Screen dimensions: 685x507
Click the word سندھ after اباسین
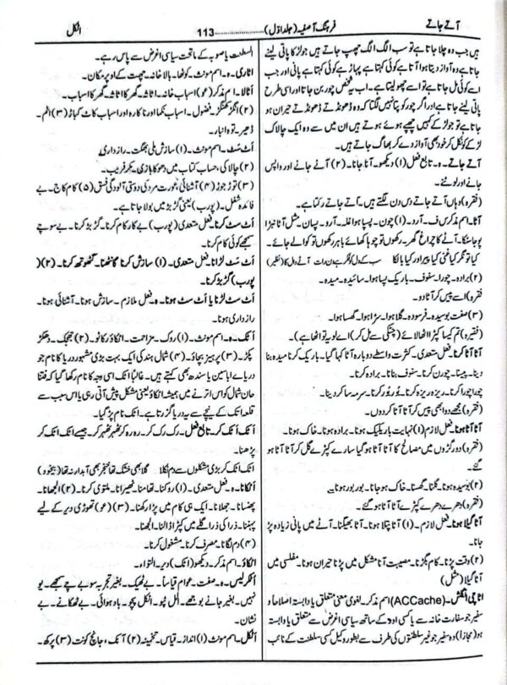click(x=152, y=382)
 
